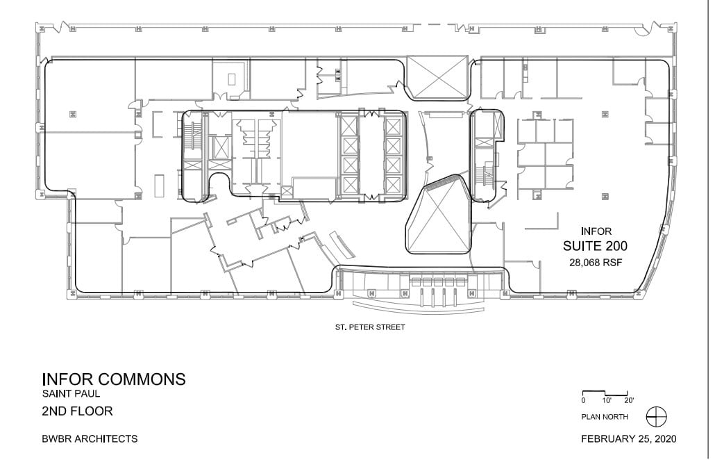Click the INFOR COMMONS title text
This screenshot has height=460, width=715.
pyautogui.click(x=114, y=379)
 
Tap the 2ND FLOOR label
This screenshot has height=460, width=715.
pyautogui.click(x=77, y=411)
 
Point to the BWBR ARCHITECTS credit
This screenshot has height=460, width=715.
pyautogui.click(x=90, y=439)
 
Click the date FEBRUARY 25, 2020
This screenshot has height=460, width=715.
pyautogui.click(x=628, y=439)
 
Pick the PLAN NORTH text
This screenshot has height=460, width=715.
pyautogui.click(x=605, y=417)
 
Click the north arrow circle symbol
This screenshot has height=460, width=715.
pyautogui.click(x=656, y=417)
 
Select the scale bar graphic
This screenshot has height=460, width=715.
pyautogui.click(x=605, y=393)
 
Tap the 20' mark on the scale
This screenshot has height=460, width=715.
pyautogui.click(x=629, y=401)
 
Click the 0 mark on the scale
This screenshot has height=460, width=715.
pyautogui.click(x=583, y=401)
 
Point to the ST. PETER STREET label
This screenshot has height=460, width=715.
pyautogui.click(x=369, y=327)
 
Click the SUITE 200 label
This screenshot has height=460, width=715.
pyautogui.click(x=595, y=246)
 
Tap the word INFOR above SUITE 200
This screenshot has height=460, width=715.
pyautogui.click(x=595, y=231)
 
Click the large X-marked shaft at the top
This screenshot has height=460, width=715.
pyautogui.click(x=437, y=78)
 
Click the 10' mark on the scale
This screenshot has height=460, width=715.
pyautogui.click(x=607, y=401)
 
